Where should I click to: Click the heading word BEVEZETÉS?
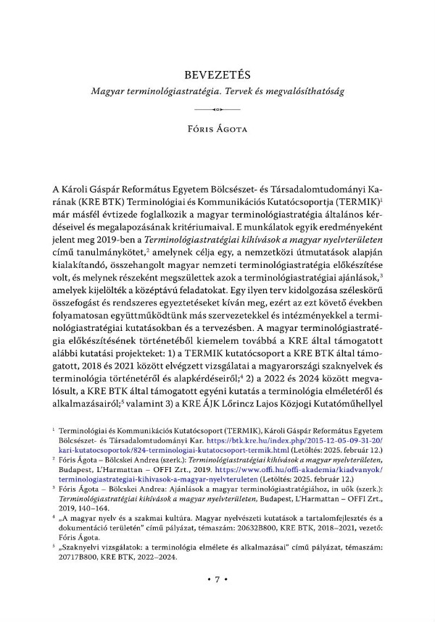pyautogui.click(x=217, y=75)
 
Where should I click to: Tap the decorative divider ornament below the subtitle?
pyautogui.click(x=217, y=109)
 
